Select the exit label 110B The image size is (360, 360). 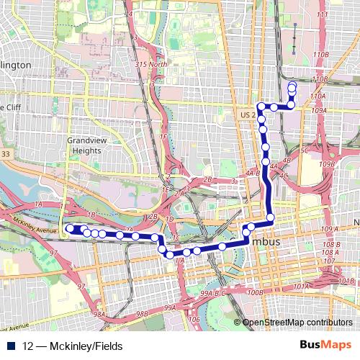coord(321,54)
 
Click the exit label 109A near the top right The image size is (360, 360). coord(320,110)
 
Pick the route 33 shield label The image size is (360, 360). coord(5,153)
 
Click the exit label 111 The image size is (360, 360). coord(322,14)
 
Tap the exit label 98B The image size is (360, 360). coord(141,314)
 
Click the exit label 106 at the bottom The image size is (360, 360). coord(192,319)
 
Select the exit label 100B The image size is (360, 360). coord(254,293)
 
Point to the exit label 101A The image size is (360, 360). coord(300,287)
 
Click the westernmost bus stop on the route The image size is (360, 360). coord(70,229)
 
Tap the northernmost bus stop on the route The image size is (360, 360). coord(292,86)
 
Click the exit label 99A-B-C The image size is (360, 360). coord(214,293)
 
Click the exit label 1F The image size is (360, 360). coord(163,136)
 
